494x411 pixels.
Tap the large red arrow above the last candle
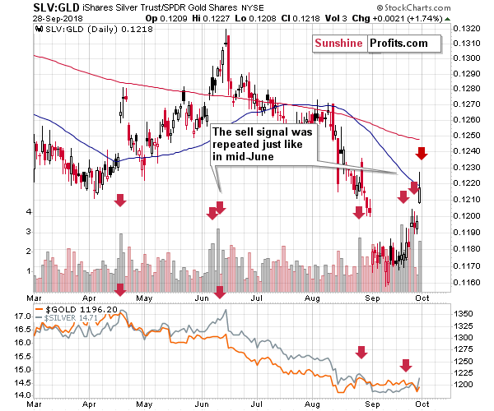421,153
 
